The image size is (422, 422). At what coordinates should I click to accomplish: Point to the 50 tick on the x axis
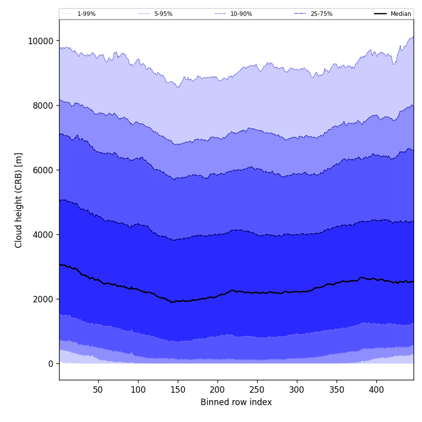click(98, 390)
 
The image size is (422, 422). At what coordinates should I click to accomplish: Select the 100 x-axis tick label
click(138, 390)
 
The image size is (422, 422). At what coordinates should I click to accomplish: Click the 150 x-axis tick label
click(178, 390)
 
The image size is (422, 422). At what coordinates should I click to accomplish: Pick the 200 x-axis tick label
click(217, 390)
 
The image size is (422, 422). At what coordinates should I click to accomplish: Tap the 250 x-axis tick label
click(257, 390)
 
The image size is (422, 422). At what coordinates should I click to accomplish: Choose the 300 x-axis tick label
click(297, 390)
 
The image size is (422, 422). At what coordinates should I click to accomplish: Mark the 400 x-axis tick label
click(376, 390)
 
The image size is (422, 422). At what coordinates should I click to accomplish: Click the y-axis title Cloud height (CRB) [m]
click(19, 200)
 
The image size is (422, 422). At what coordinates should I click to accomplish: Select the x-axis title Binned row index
click(236, 402)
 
